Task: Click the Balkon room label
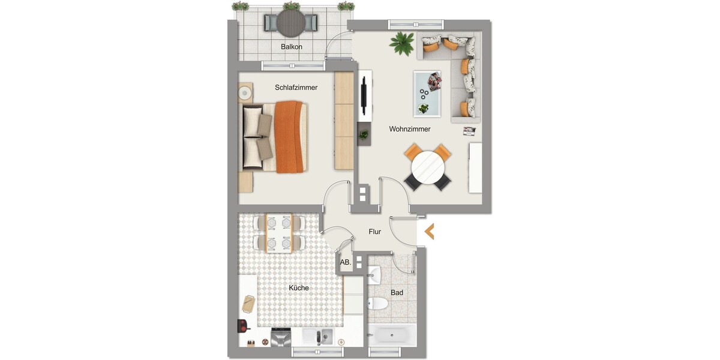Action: click(x=292, y=47)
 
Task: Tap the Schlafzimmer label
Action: click(x=296, y=88)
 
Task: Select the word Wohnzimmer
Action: click(x=410, y=129)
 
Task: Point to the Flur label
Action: click(x=375, y=232)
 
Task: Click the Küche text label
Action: click(x=299, y=288)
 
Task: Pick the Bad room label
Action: click(x=397, y=293)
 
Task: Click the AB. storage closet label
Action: click(x=346, y=263)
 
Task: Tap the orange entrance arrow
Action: click(x=429, y=232)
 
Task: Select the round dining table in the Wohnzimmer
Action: click(x=427, y=167)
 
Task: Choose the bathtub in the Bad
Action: click(x=391, y=335)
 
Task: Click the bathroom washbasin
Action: click(x=374, y=277)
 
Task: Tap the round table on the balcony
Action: click(x=291, y=23)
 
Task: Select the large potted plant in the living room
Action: click(x=401, y=43)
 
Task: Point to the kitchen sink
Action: click(x=317, y=337)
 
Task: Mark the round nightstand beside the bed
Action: click(x=245, y=94)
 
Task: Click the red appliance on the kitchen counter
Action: click(x=242, y=326)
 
